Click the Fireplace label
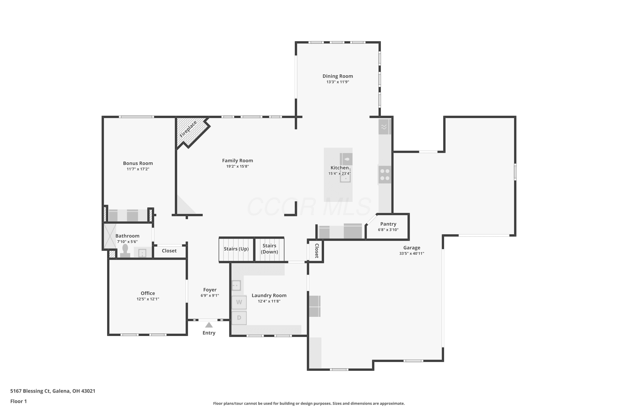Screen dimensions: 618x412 (188, 129)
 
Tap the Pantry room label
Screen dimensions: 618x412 (388, 224)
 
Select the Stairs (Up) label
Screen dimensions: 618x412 (236, 249)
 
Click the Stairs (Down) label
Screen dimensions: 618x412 (269, 249)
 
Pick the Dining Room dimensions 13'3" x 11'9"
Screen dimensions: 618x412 (338, 82)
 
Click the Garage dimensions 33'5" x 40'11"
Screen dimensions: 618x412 (412, 253)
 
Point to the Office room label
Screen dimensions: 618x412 (148, 293)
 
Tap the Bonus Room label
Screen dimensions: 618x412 (138, 163)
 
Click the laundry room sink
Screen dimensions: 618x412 (236, 285)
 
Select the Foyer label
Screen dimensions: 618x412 (210, 290)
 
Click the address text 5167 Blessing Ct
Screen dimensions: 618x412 (30, 391)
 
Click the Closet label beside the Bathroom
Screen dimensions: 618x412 (169, 251)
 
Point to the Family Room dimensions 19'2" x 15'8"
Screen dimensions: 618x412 (238, 166)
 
